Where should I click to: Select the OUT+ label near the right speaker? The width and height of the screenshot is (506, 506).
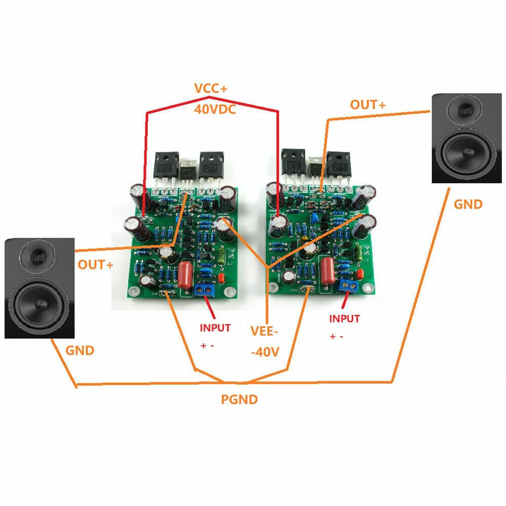(x=368, y=105)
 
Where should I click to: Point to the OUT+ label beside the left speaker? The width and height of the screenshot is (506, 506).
(x=95, y=265)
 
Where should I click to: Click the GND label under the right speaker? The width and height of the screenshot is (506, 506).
(x=468, y=204)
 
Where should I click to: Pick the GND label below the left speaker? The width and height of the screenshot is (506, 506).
(x=80, y=350)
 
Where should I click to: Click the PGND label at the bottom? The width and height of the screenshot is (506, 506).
(x=239, y=400)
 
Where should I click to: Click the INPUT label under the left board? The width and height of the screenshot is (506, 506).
(x=215, y=327)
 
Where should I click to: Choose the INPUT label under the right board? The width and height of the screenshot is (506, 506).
(x=345, y=318)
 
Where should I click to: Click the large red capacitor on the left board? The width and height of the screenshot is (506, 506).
(x=186, y=274)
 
